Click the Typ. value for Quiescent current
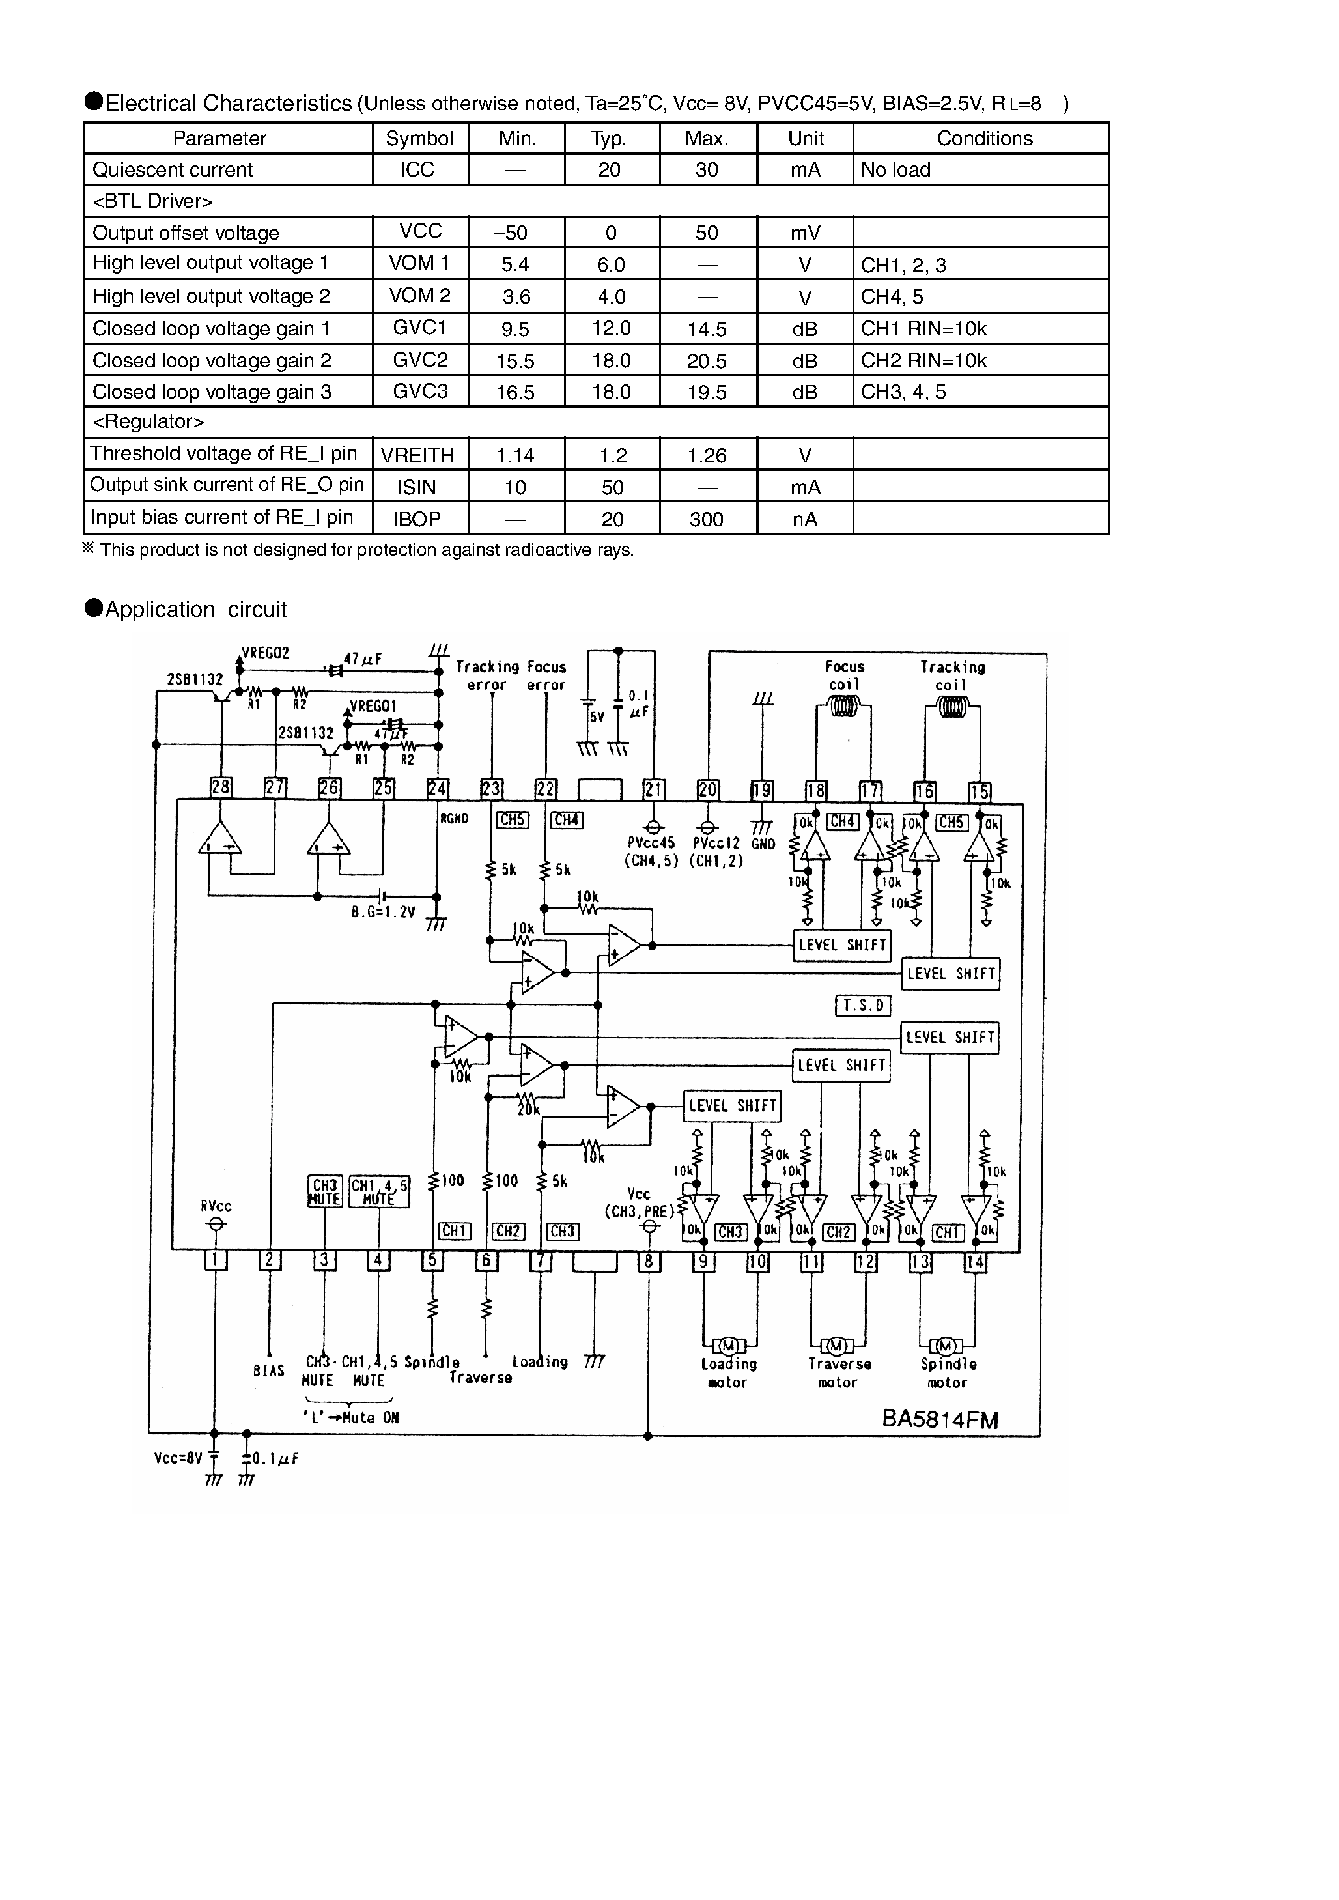click(610, 169)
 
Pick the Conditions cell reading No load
click(895, 169)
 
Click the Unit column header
click(805, 138)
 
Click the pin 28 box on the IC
click(220, 787)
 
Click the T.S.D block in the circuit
click(863, 1006)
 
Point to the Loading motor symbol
click(729, 1345)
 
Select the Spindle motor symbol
click(947, 1346)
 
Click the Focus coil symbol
click(843, 707)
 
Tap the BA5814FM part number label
click(940, 1419)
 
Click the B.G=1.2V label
click(382, 913)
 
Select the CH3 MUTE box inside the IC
click(324, 1191)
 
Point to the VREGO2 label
click(265, 653)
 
